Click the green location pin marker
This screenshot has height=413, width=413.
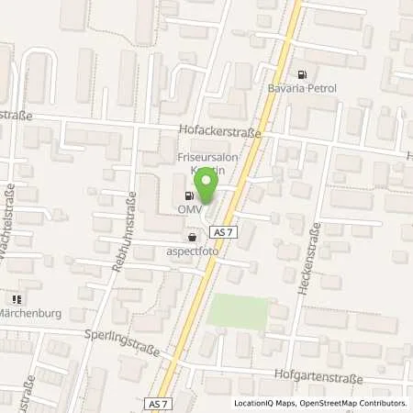coord(206,187)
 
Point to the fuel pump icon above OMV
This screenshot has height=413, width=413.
coord(189,195)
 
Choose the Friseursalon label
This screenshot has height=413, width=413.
coord(204,158)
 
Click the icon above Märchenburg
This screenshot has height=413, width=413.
coord(16,298)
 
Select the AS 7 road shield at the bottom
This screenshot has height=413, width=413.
coord(158,403)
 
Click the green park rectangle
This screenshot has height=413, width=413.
coord(240,311)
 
